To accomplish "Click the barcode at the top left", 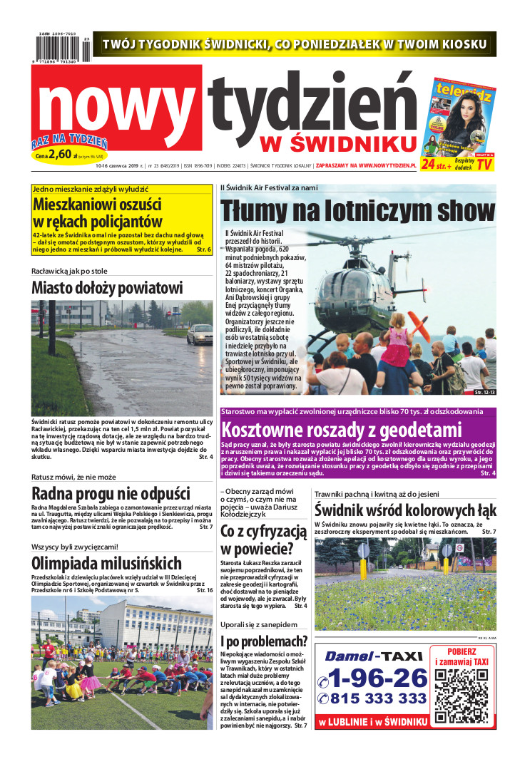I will point(61,49).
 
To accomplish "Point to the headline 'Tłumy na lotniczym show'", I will point(357,212).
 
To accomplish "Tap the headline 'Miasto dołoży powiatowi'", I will point(107,288).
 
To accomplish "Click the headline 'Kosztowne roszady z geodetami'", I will point(342,430).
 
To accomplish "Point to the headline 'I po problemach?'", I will point(264,641).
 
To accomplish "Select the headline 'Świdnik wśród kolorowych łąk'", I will point(405,510).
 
